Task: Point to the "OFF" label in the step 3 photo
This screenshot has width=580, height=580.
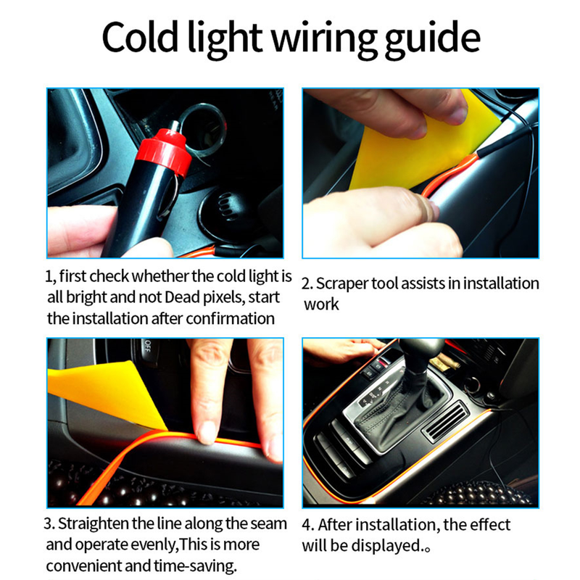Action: pos(148,349)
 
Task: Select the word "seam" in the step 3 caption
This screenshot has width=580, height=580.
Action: pos(270,523)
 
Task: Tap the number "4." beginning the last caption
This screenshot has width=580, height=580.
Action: pos(307,524)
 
